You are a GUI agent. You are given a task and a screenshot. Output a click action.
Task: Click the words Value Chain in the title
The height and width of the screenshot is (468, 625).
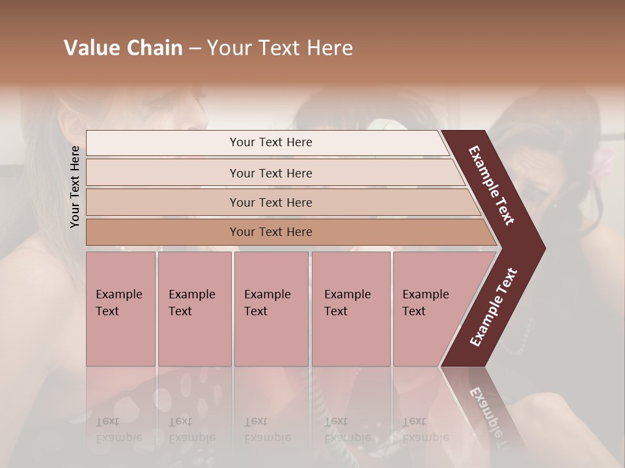(123, 48)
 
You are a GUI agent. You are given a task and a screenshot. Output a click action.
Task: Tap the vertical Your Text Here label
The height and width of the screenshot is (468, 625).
(75, 187)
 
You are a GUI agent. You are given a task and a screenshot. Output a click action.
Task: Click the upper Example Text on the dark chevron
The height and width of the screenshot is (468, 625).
(492, 185)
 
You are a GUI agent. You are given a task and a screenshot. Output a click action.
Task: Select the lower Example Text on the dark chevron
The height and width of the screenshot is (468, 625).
(493, 307)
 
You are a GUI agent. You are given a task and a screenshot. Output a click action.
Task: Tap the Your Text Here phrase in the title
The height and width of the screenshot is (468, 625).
(280, 48)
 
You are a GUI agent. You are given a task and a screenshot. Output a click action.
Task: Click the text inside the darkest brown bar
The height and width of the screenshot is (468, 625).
(271, 232)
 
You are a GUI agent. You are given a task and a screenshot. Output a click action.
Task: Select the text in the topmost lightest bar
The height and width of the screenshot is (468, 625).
(271, 142)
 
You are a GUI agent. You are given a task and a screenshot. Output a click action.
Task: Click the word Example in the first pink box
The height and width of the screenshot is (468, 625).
(118, 294)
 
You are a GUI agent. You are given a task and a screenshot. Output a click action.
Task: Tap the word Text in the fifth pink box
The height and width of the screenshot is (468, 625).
(413, 311)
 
